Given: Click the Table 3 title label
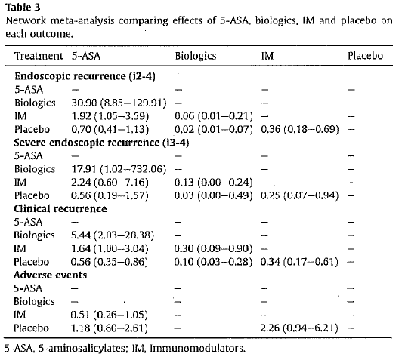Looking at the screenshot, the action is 23,8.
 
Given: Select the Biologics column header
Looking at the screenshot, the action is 196,56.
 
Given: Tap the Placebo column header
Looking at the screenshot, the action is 365,56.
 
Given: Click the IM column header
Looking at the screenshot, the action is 267,56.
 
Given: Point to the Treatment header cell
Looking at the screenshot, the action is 39,56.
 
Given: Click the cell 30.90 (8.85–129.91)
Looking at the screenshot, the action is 119,103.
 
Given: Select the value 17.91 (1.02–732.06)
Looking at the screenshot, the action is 119,169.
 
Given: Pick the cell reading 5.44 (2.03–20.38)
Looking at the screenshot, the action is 113,235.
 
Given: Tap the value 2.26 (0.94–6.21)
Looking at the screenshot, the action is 299,328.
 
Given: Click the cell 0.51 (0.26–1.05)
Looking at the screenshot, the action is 110,315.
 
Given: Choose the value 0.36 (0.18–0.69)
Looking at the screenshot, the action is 300,129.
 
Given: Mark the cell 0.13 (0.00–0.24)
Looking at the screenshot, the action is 213,183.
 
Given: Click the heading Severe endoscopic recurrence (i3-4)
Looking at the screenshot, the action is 101,143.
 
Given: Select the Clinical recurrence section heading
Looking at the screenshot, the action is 60,209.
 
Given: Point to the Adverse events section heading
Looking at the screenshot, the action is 50,275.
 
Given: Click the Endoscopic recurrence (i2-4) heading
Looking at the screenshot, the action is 85,76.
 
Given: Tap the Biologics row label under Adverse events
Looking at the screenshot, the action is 34,301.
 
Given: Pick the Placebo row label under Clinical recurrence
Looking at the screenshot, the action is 31,262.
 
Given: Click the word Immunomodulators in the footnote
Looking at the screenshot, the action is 198,349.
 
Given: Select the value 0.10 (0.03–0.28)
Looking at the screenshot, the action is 213,262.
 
